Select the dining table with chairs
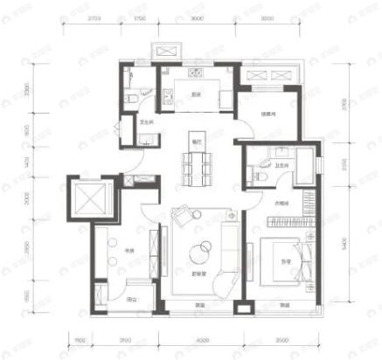click(194, 163)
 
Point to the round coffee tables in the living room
click(200, 251)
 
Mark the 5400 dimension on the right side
click(350, 242)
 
